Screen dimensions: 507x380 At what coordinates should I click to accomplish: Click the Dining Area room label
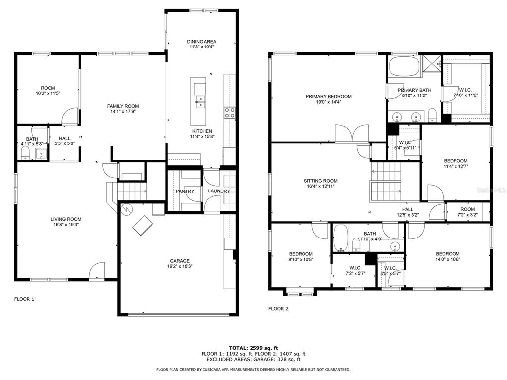(202, 42)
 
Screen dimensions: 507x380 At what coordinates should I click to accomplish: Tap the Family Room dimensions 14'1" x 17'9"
(123, 112)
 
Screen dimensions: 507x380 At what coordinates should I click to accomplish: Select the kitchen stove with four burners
(230, 113)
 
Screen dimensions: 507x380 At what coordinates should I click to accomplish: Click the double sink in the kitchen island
(200, 102)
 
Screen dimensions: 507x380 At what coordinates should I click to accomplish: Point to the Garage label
(180, 261)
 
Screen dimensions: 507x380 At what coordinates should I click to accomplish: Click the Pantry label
(185, 191)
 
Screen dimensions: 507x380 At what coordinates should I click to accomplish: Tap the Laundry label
(219, 191)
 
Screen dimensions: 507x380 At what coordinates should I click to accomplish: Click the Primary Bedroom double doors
(352, 133)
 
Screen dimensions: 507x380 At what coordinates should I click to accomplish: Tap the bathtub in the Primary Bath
(404, 67)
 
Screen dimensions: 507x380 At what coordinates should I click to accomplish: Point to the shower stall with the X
(431, 65)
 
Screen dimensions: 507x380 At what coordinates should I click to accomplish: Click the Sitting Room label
(320, 181)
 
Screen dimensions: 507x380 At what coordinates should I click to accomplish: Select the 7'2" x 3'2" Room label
(467, 212)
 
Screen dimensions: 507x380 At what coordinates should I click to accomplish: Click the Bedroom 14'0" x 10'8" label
(448, 256)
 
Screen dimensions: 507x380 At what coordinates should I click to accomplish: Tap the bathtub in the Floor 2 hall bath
(340, 238)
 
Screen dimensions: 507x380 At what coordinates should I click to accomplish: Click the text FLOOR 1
(24, 299)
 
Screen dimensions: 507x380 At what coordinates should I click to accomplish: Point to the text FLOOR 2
(278, 309)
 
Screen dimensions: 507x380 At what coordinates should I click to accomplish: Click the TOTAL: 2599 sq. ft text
(253, 348)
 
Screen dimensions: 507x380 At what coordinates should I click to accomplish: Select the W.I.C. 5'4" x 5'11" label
(405, 145)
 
